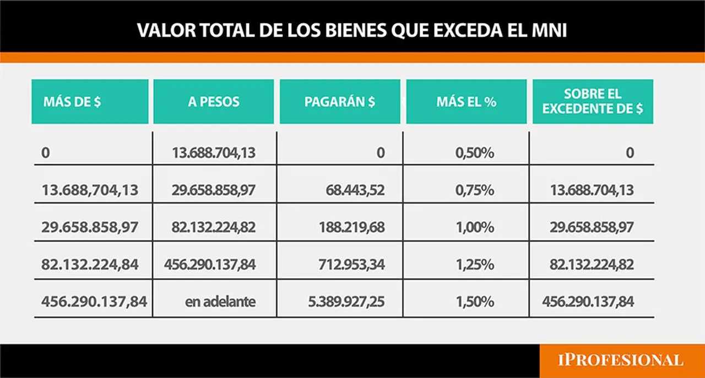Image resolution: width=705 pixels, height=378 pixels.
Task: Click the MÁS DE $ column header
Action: (x=90, y=102)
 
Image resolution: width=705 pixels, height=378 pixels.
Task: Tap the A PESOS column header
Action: (x=214, y=102)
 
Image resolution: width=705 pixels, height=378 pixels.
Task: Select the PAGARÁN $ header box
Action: (x=340, y=102)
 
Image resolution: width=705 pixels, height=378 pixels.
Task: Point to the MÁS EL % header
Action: (x=467, y=102)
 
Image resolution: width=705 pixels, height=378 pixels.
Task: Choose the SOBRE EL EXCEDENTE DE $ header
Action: (x=593, y=102)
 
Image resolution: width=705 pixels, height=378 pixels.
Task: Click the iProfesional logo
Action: (x=621, y=360)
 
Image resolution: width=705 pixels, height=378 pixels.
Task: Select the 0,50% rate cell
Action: (x=475, y=153)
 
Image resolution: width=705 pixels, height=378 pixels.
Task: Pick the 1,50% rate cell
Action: (x=475, y=302)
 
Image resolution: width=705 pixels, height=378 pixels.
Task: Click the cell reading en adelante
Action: (x=220, y=302)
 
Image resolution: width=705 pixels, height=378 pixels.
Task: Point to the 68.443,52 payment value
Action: (x=355, y=190)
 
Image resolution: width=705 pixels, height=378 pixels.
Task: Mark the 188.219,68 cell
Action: (x=351, y=227)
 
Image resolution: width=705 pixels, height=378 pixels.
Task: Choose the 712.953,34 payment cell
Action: (x=351, y=264)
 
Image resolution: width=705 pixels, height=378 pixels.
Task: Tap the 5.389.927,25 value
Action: (x=346, y=302)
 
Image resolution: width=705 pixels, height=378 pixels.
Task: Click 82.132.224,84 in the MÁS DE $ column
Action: (x=90, y=264)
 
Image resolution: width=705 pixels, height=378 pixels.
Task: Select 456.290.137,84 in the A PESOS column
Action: (x=210, y=264)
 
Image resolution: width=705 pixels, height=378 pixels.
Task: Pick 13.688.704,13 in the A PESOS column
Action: (x=214, y=153)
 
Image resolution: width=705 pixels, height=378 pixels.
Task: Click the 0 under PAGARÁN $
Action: (x=381, y=153)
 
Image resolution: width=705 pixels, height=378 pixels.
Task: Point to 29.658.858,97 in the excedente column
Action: (x=592, y=227)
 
